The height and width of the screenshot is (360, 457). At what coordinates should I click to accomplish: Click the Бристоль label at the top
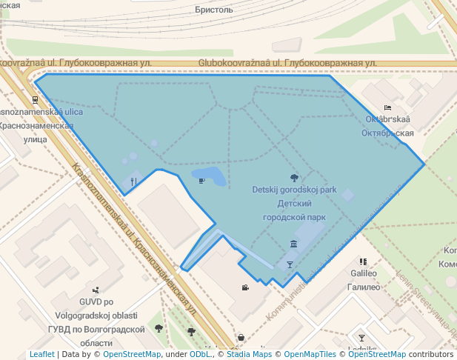point(214,10)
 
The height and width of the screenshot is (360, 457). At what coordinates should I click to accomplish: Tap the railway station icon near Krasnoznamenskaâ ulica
point(35,99)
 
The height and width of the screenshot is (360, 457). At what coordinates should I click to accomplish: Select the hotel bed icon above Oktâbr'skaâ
point(387,108)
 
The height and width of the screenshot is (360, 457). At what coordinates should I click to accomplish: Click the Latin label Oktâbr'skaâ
point(388,119)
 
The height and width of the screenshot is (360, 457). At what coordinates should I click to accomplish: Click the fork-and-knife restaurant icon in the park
point(133,180)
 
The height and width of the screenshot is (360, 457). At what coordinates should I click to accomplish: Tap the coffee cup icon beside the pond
point(201,179)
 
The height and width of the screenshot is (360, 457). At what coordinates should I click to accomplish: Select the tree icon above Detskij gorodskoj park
point(295,178)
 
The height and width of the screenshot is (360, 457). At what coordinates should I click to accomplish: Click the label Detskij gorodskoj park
point(294,190)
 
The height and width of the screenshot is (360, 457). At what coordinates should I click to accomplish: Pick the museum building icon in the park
point(294,244)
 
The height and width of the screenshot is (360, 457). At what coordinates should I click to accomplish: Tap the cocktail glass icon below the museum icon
point(290,264)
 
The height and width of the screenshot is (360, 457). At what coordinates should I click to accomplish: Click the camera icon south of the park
point(244,287)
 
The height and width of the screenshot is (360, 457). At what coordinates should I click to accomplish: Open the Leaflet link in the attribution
point(41,355)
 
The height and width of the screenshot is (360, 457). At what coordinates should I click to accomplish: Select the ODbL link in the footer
point(199,355)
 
